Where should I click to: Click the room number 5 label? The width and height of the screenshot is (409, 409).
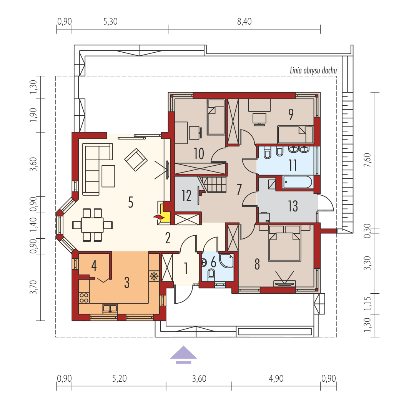click(x=131, y=202)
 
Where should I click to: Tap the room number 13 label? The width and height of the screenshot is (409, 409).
click(x=293, y=206)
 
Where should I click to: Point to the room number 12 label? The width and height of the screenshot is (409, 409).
click(x=186, y=196)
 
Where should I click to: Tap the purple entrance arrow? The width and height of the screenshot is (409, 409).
click(x=184, y=354)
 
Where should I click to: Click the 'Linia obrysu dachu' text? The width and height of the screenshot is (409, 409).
click(x=314, y=71)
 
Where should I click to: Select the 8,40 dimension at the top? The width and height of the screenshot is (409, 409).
click(x=244, y=22)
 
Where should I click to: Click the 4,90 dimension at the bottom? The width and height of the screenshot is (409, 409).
click(x=276, y=379)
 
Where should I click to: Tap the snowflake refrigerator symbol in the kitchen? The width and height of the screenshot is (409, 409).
click(x=154, y=276)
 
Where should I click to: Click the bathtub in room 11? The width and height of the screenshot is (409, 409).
click(x=298, y=182)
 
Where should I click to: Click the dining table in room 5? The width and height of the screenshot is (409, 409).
click(x=92, y=225)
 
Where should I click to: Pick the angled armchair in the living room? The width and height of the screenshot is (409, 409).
click(x=136, y=159)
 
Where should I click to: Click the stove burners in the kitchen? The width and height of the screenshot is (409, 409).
click(x=84, y=298)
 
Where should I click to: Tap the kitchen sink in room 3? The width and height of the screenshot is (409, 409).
click(x=110, y=308)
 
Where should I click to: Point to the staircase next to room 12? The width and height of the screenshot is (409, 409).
click(x=213, y=185)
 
